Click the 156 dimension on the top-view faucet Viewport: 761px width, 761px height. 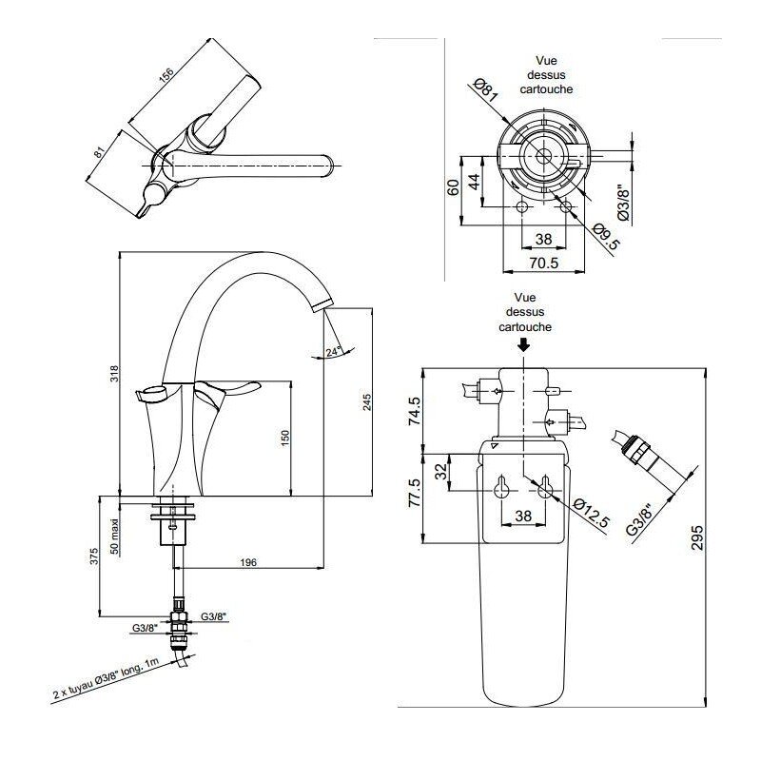(167, 80)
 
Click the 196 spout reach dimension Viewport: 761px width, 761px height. (247, 563)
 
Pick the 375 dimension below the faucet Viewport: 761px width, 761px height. (92, 557)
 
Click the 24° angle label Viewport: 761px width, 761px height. (332, 352)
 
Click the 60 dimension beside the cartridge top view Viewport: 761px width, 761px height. (454, 187)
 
